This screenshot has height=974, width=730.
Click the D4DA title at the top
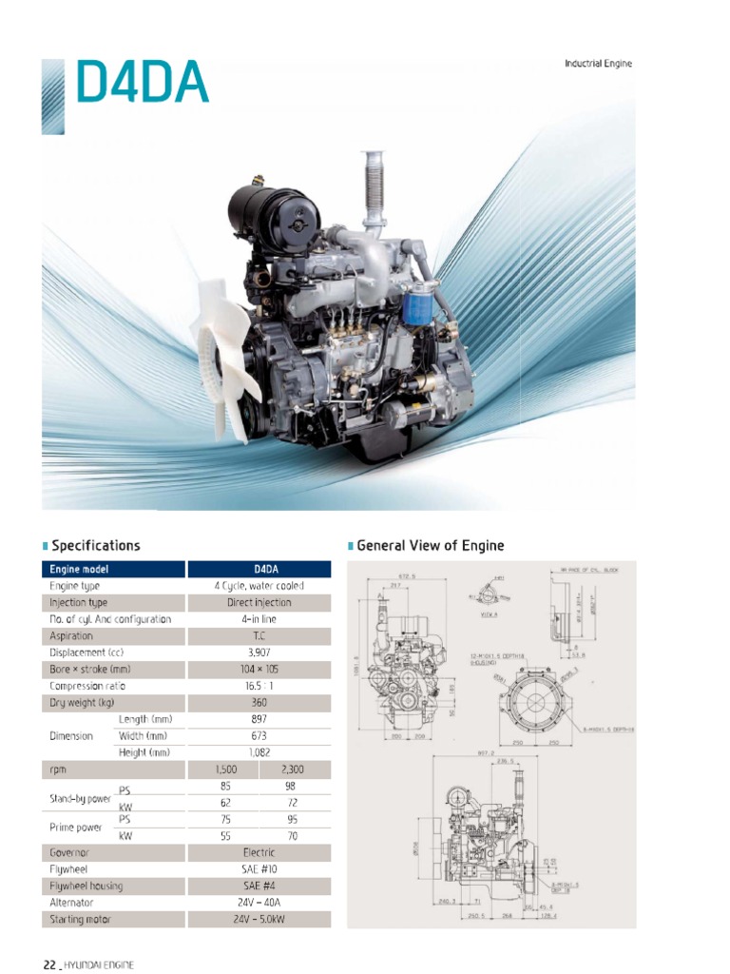tap(142, 83)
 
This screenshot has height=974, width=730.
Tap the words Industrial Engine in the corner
tap(598, 64)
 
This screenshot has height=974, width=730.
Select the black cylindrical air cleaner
tap(274, 219)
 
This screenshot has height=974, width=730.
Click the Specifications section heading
tap(95, 546)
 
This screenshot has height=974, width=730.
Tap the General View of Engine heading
tap(430, 546)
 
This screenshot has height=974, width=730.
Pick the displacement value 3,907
tap(259, 653)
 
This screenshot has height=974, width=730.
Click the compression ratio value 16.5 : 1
tap(259, 686)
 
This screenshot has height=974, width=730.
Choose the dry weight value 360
tap(259, 703)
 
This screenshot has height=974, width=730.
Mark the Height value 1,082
tap(259, 752)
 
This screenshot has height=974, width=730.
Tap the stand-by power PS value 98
tap(295, 787)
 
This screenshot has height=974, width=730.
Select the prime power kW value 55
tap(223, 836)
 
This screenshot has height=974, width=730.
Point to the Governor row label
tap(69, 853)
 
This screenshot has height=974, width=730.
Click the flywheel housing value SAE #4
tap(259, 886)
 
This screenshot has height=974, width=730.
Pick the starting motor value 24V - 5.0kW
tap(259, 920)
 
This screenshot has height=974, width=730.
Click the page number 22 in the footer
tap(49, 964)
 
